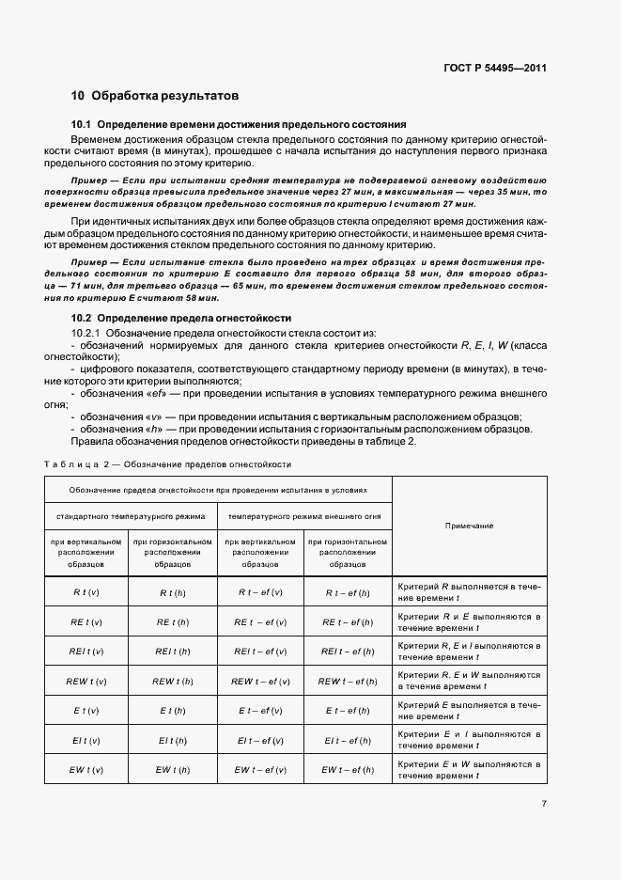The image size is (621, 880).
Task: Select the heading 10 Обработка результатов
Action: point(155,96)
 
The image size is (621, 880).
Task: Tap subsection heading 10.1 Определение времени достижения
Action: point(239,124)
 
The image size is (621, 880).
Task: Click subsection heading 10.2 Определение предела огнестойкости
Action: point(181,319)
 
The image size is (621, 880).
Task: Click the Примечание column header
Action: point(469,526)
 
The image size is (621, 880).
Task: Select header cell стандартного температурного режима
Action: point(131,516)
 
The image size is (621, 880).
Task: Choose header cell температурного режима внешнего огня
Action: point(303,516)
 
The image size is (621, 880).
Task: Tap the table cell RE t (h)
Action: point(173,622)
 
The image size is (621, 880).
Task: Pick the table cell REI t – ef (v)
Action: point(260,652)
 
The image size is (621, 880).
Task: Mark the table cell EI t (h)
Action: point(173,741)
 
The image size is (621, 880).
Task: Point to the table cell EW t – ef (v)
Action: point(260,770)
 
